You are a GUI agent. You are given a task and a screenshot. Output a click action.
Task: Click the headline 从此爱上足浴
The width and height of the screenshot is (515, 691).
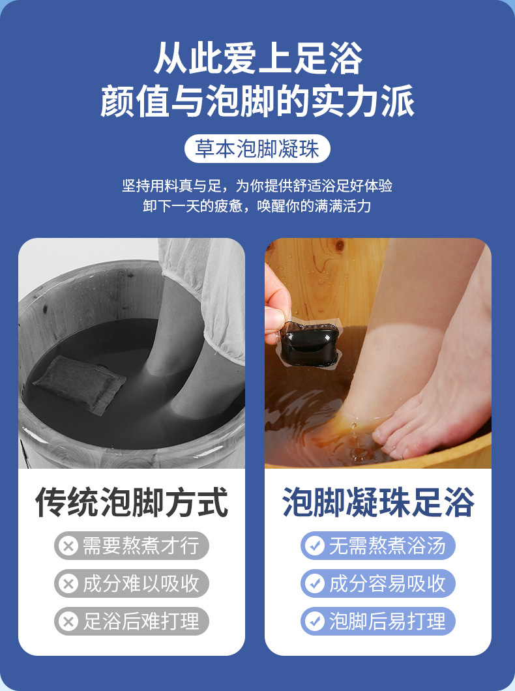click(257, 59)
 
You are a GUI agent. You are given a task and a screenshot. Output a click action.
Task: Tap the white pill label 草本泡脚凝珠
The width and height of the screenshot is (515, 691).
click(257, 149)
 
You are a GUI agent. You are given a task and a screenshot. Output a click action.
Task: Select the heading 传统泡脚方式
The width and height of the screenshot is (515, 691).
click(132, 503)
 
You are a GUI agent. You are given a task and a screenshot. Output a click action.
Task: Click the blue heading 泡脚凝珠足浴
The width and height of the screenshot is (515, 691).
click(378, 503)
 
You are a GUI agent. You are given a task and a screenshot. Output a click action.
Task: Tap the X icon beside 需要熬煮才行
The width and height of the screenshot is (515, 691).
click(67, 546)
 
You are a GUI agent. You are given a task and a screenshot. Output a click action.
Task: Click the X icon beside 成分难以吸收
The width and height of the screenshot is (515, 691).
click(67, 583)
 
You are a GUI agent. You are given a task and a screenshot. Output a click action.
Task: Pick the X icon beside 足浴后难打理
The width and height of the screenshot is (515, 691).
click(67, 621)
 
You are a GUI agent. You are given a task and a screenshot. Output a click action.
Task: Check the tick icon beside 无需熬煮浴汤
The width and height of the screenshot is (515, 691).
click(314, 546)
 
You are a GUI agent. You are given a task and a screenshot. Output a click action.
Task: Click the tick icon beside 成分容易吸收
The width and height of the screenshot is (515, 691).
click(314, 583)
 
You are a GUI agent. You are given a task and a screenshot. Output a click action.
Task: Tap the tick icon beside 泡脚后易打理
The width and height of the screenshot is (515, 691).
click(314, 621)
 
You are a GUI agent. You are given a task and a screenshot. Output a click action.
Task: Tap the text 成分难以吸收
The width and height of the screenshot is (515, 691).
click(141, 583)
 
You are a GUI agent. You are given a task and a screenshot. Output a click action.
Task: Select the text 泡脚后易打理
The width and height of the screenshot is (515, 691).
click(387, 621)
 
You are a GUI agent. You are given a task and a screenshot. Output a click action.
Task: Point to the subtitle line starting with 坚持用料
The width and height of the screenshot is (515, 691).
click(257, 186)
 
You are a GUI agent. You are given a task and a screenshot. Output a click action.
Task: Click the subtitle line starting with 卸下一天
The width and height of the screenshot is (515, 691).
click(257, 206)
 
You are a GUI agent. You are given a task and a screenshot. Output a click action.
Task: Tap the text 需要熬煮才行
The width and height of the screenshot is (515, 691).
click(141, 546)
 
